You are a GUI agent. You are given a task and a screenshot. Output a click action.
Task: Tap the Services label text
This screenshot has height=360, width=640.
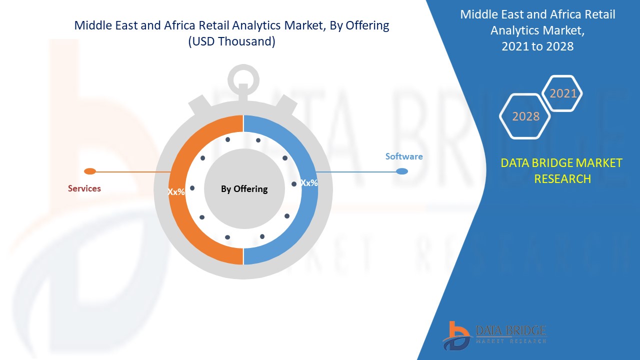[84, 188]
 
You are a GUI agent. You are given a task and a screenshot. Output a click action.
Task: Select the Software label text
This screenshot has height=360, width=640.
[404, 156]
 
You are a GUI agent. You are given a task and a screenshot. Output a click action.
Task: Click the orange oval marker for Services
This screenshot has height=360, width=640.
[90, 171]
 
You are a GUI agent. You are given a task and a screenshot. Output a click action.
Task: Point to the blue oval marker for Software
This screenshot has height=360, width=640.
[402, 171]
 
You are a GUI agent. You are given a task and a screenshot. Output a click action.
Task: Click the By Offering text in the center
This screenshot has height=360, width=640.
[244, 189]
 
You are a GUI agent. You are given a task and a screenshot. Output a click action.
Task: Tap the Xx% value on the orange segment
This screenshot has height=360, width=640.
[176, 191]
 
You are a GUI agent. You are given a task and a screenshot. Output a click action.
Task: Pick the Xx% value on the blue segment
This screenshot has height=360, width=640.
[309, 183]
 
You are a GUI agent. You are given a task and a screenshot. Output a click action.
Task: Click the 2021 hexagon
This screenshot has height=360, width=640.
[562, 93]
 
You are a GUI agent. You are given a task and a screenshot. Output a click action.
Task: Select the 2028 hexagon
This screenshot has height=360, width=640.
[525, 116]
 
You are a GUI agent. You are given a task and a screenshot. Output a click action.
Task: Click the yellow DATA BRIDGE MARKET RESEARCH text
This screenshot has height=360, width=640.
[561, 171]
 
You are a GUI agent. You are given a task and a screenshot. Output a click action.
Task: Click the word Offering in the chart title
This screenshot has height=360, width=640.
[367, 25]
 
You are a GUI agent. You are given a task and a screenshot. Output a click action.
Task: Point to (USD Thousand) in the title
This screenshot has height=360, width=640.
[231, 41]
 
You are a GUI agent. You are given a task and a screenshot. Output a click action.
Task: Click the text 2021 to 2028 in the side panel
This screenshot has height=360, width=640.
[537, 46]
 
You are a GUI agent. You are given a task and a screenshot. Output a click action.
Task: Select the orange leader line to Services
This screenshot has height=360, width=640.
[133, 172]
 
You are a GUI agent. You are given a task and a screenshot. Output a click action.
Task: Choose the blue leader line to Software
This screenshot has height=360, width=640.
[356, 172]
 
